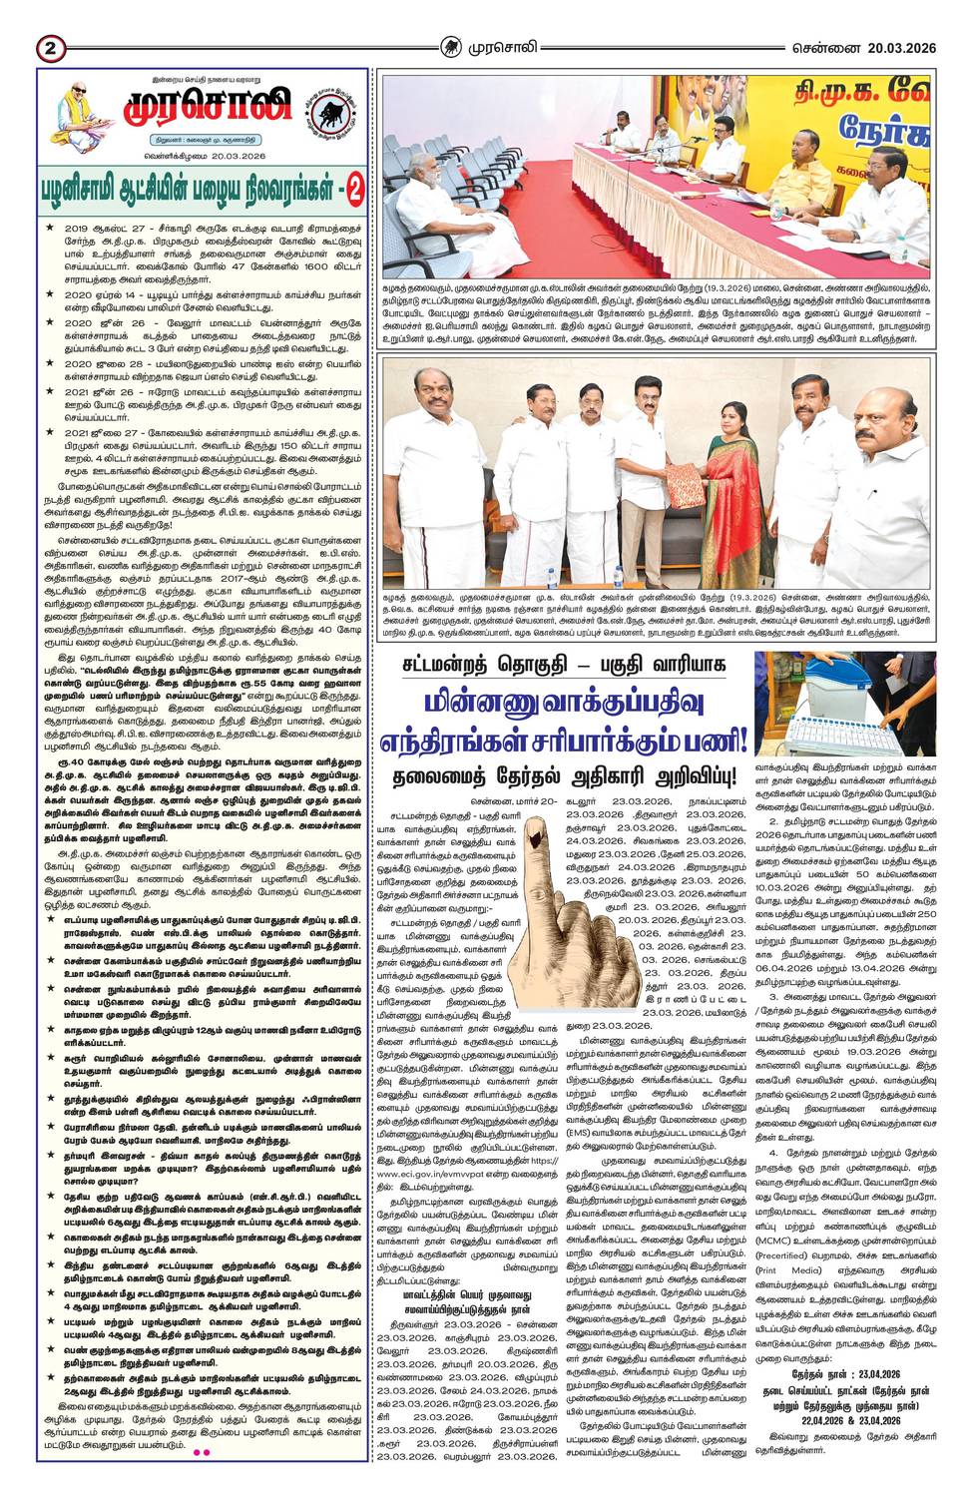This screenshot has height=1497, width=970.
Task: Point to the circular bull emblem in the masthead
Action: (x=322, y=109)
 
